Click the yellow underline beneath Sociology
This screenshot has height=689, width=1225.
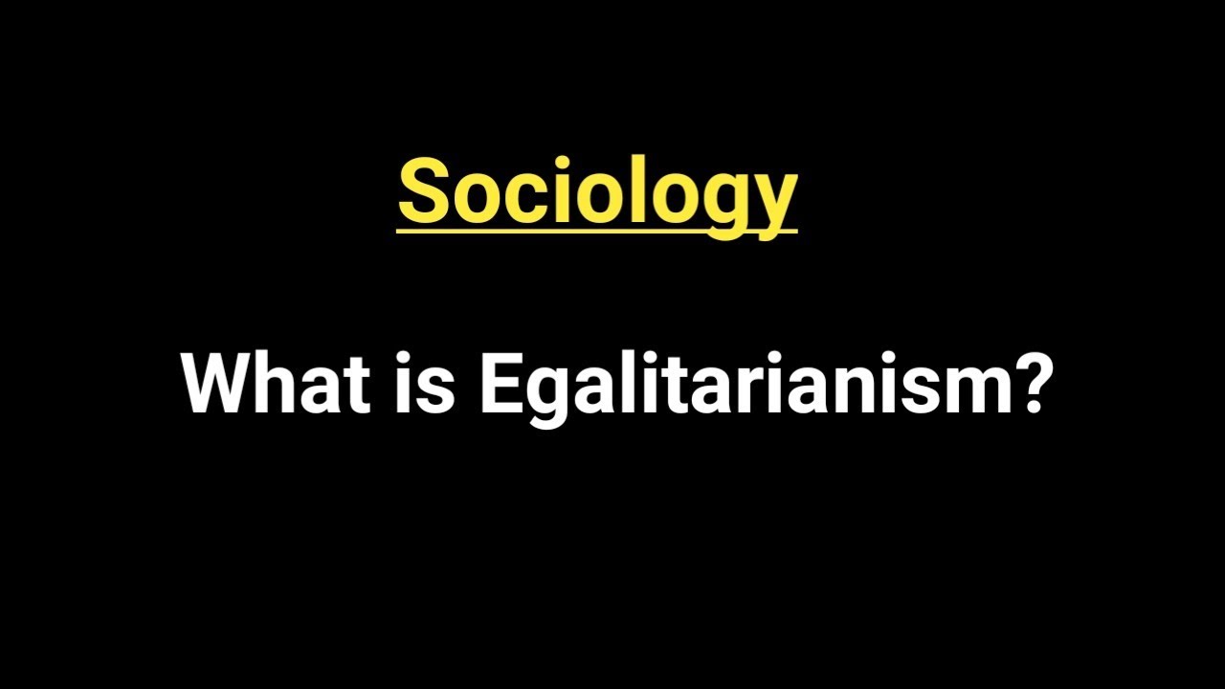pos(597,229)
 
